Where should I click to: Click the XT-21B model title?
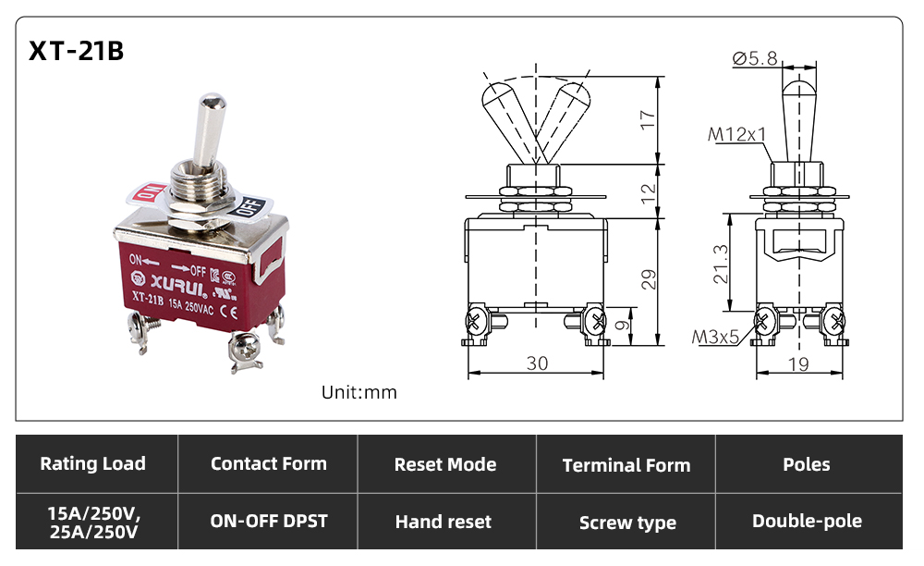click(x=77, y=51)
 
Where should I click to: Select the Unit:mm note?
click(x=359, y=393)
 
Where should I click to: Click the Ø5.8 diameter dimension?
click(x=755, y=58)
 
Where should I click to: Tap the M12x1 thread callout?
click(x=736, y=134)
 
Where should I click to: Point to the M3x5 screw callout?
click(x=715, y=338)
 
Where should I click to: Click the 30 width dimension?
click(x=537, y=363)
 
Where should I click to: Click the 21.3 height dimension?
click(x=720, y=265)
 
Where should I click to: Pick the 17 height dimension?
click(x=647, y=119)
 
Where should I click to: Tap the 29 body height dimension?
click(x=648, y=279)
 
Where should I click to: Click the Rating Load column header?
click(x=93, y=463)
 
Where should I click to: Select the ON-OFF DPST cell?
click(x=269, y=522)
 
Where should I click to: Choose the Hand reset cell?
click(x=444, y=522)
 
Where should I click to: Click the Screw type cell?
click(x=627, y=523)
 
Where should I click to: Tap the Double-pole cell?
click(x=807, y=522)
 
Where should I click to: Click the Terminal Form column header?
click(x=626, y=465)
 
